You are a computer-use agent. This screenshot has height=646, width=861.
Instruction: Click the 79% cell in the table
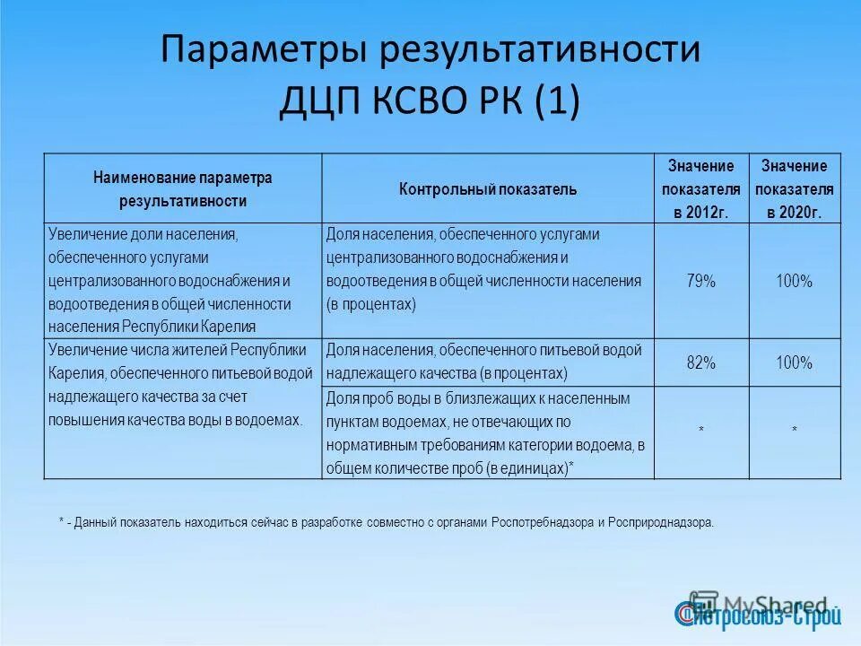pos(700,282)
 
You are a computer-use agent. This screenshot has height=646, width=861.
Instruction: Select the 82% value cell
pos(700,363)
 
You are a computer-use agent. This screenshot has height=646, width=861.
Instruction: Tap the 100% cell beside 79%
pos(794,282)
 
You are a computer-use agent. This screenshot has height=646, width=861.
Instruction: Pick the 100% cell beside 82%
pos(794,363)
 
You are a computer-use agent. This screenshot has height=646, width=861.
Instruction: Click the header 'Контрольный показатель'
pos(487,189)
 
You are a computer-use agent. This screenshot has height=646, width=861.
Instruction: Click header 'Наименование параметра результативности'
pos(182,189)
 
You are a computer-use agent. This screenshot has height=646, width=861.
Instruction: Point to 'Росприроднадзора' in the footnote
pos(663,522)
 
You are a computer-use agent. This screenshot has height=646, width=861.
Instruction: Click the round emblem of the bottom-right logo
pos(686,613)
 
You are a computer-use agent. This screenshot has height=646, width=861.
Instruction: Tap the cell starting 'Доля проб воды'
pos(487,432)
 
